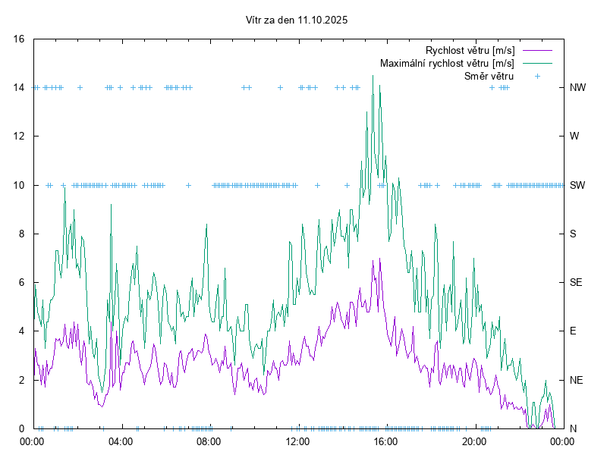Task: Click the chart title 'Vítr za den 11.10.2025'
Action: [297, 20]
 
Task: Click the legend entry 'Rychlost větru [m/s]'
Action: [470, 51]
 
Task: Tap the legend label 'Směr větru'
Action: [489, 77]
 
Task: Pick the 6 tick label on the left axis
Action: [22, 282]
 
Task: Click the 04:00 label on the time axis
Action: [120, 441]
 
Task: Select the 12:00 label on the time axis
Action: [297, 441]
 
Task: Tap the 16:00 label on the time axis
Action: [385, 441]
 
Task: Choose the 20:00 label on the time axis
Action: [474, 441]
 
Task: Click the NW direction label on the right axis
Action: [577, 88]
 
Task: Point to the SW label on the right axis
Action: [577, 185]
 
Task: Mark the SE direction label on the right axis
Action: [576, 282]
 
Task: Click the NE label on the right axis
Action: [576, 380]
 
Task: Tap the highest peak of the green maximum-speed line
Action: [373, 76]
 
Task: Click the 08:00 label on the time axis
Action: [209, 441]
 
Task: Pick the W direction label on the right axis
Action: [574, 136]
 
